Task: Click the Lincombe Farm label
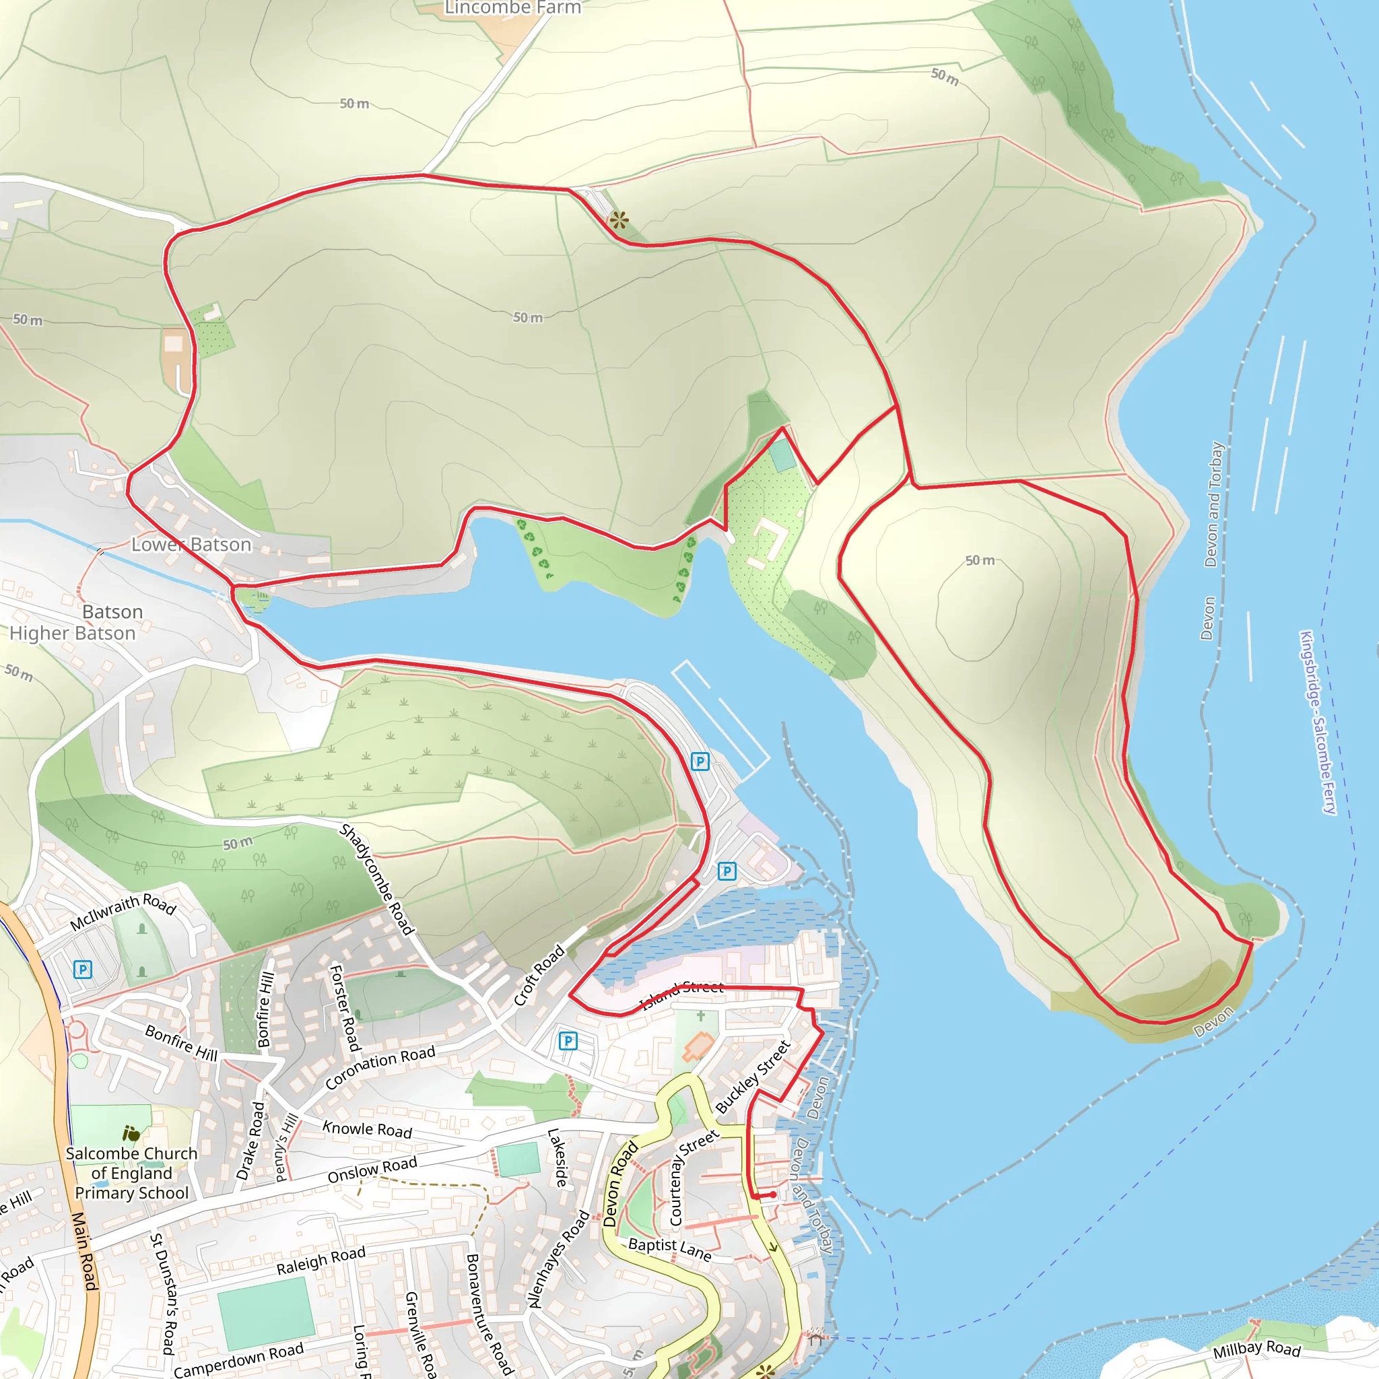[x=512, y=8]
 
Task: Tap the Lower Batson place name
[x=191, y=545]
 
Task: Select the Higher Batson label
[x=72, y=633]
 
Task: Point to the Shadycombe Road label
[x=376, y=879]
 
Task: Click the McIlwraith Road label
[x=123, y=912]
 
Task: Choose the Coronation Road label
[x=380, y=1068]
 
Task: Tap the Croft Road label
[x=539, y=976]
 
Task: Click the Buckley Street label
[x=753, y=1077]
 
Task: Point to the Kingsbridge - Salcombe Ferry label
[x=1318, y=722]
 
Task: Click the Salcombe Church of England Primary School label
[x=131, y=1173]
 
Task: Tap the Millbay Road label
[x=1257, y=1349]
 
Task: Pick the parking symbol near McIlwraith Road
[x=83, y=970]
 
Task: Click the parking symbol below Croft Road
[x=568, y=1041]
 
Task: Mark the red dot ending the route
[x=773, y=1194]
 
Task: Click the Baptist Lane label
[x=669, y=1249]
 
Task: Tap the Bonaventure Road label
[x=489, y=1313]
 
